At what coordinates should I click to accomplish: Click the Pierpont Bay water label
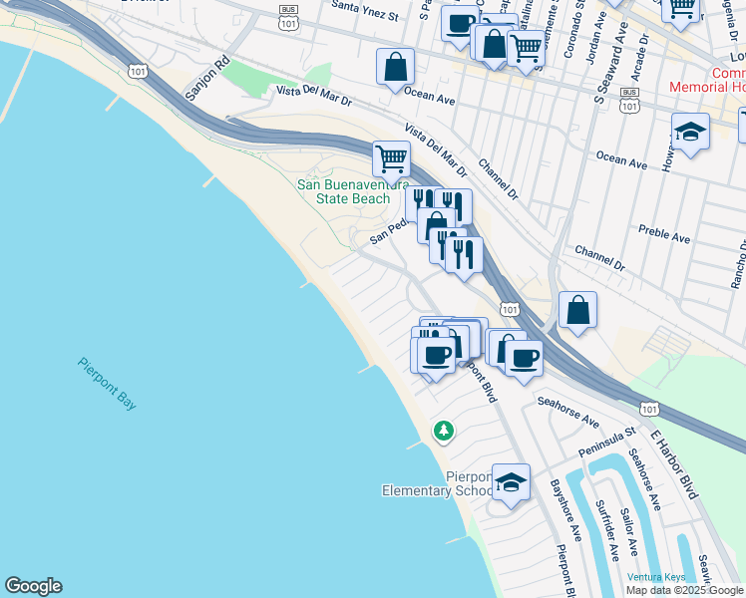click(108, 383)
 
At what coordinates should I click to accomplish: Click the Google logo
click(33, 586)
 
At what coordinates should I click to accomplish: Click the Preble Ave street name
click(665, 238)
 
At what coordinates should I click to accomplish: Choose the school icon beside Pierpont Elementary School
click(511, 484)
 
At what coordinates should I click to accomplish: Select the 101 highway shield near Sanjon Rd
click(139, 70)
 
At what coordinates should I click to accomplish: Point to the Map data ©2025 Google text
click(684, 590)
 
